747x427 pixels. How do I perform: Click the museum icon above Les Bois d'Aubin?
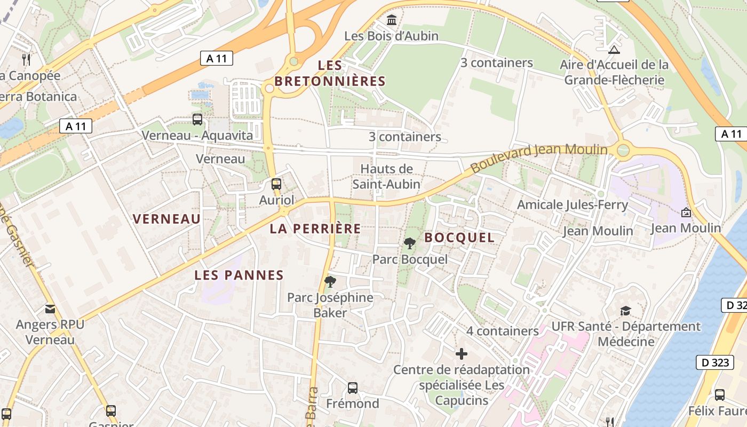(392, 20)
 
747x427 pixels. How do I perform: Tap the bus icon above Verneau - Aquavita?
(197, 120)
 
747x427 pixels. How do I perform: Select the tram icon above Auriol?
(276, 184)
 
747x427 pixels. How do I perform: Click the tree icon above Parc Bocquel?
(410, 243)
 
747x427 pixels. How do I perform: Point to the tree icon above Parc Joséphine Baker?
(330, 281)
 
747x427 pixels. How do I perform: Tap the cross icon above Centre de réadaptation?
(462, 353)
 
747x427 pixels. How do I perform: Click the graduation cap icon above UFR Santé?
(625, 311)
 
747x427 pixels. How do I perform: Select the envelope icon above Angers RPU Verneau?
(50, 309)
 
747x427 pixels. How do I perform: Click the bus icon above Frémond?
(352, 388)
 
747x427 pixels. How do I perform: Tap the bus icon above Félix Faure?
(719, 395)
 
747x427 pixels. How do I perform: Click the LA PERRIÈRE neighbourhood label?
(315, 229)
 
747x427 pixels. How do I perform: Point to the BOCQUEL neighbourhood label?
(459, 238)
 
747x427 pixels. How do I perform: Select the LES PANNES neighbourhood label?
(239, 275)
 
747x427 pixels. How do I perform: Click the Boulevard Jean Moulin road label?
(539, 159)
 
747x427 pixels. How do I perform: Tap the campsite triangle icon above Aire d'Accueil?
(614, 50)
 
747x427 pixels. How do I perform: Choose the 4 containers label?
(503, 331)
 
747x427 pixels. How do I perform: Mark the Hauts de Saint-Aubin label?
(386, 177)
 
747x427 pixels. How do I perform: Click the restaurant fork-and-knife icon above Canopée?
(26, 59)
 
